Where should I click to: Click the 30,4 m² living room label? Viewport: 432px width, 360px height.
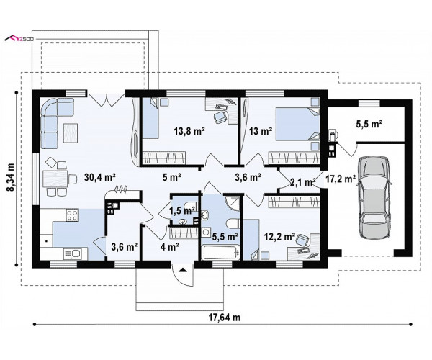click(100, 177)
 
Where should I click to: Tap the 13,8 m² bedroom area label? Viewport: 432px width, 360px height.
click(189, 131)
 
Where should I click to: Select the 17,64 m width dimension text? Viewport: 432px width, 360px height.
click(224, 318)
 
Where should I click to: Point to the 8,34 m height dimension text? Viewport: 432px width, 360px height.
click(12, 177)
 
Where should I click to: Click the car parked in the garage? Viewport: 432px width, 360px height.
click(374, 197)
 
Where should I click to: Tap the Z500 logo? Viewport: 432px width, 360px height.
click(19, 39)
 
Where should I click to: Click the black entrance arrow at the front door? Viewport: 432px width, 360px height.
click(182, 270)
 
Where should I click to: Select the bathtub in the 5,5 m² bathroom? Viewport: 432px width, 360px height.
click(221, 253)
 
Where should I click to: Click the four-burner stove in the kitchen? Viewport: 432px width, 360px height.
click(73, 215)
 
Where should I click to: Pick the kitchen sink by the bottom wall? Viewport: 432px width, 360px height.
click(73, 254)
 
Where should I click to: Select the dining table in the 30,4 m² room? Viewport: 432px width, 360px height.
click(55, 179)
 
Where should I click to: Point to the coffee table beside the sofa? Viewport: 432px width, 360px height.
click(71, 133)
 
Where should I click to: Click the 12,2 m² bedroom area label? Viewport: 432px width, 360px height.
click(280, 236)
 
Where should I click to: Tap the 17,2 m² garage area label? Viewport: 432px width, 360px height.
click(341, 179)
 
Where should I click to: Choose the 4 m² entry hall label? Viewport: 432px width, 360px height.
click(170, 247)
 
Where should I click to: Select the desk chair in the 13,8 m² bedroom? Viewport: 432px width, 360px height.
click(220, 118)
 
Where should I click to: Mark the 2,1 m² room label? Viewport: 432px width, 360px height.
click(303, 182)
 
